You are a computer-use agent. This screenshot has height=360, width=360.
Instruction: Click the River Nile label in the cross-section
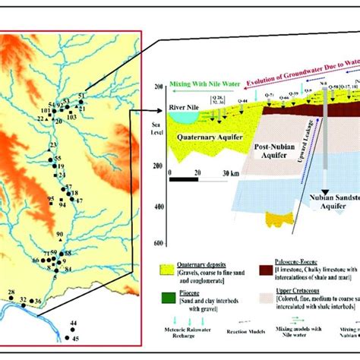point(185,108)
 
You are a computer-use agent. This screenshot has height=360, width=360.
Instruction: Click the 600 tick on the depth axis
point(158,242)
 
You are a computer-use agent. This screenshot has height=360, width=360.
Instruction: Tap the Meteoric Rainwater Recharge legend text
point(190,331)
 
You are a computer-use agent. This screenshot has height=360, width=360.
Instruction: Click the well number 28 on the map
point(11,293)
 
